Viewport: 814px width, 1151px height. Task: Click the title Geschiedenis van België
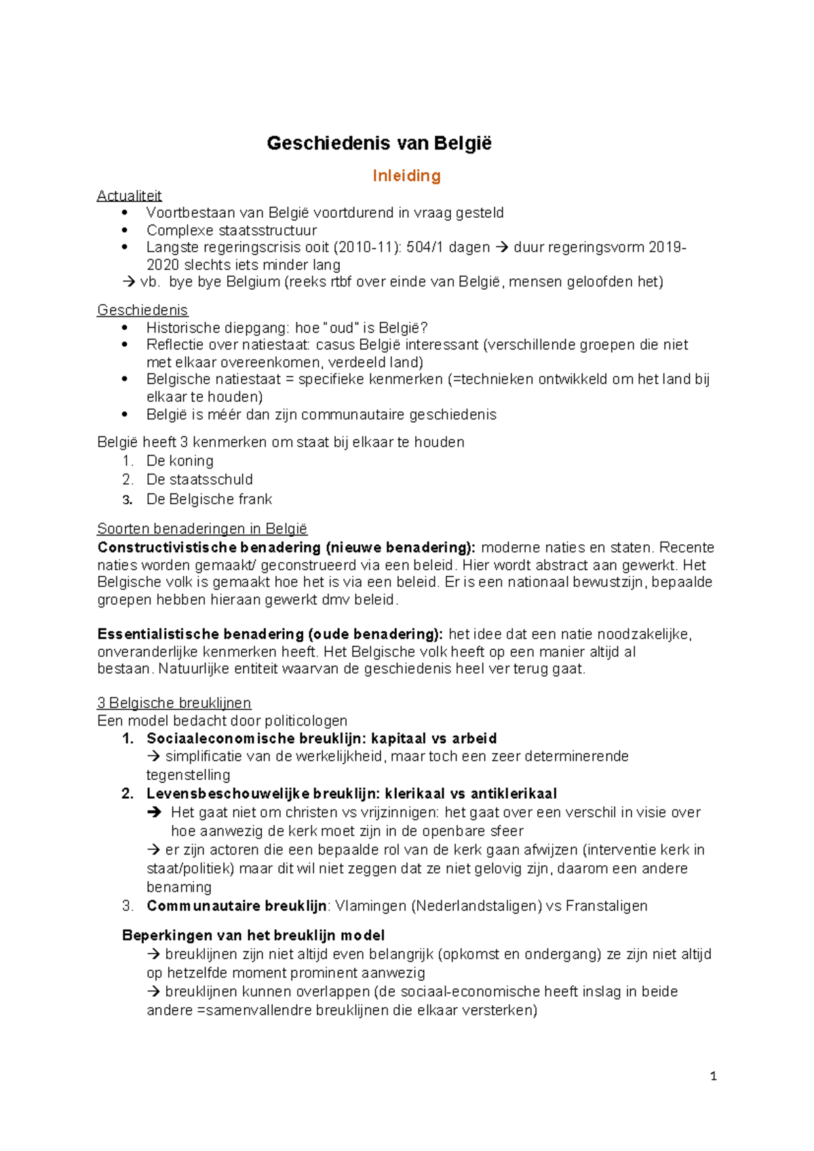pos(379,144)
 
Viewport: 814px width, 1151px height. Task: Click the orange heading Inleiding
pos(406,176)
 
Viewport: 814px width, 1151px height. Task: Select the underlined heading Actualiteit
pos(129,196)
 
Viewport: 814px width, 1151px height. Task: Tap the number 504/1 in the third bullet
pos(425,248)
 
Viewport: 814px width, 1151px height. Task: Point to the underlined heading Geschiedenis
pos(142,310)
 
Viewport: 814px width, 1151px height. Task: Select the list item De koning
pos(180,461)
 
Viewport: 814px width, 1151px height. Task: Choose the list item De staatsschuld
pos(199,480)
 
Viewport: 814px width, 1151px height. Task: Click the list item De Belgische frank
pos(209,499)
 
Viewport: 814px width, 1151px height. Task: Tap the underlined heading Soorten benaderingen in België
pos(202,529)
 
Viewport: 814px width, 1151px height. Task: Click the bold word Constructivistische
pos(167,548)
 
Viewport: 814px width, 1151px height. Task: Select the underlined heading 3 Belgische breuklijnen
pos(174,703)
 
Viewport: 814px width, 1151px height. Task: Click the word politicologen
pos(306,721)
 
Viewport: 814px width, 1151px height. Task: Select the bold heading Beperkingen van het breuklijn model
pos(254,936)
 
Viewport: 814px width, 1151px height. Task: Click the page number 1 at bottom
pos(713,1076)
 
